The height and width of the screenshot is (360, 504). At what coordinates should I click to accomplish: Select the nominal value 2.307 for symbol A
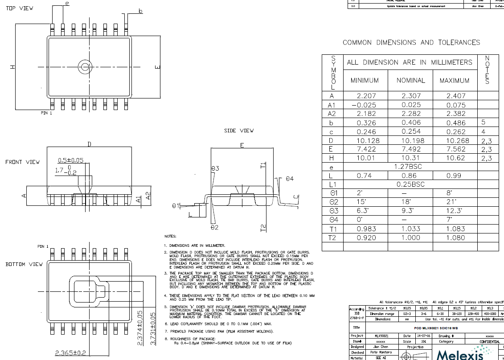411,96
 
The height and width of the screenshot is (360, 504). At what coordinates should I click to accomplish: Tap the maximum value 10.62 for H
455,158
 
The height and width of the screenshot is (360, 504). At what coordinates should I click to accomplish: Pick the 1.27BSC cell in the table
411,167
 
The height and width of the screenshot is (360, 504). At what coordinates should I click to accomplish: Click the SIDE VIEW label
239,131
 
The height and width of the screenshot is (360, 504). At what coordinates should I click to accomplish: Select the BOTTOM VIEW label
24,264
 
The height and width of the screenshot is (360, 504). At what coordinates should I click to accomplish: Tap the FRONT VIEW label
22,162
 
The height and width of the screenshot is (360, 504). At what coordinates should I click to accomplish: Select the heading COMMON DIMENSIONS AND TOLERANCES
411,42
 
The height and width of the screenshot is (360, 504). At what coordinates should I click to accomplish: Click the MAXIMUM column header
455,81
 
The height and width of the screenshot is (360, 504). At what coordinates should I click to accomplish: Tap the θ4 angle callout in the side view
290,179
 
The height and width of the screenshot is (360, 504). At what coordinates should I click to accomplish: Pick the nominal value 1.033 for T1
411,229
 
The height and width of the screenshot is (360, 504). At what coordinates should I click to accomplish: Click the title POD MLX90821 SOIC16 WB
423,327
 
